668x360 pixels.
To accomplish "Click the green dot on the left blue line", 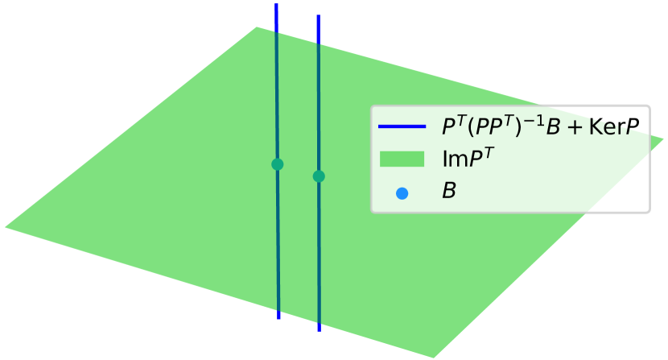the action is pos(278,164).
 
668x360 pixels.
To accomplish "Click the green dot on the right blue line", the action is pos(319,176).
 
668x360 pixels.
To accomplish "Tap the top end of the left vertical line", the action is pos(276,5).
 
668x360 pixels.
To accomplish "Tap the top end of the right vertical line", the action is pos(319,16).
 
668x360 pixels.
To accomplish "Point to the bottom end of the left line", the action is pos(278,317).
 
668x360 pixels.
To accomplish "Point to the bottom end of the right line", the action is pos(320,330).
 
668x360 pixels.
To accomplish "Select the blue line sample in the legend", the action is pos(402,126).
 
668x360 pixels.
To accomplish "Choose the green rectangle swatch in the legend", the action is pos(402,159).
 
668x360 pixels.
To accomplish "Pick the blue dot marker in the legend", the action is pos(402,192).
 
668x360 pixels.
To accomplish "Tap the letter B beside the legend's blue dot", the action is pos(448,192).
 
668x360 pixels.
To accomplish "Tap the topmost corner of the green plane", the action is pos(257,28).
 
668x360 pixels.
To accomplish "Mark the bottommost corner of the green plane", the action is pos(435,358).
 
